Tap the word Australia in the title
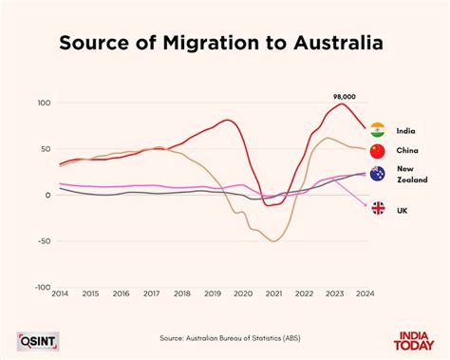click(337, 43)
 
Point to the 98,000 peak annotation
click(343, 96)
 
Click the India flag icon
click(377, 129)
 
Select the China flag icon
click(377, 151)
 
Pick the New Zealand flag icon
click(377, 174)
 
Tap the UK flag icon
click(377, 208)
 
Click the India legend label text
click(406, 129)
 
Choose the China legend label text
click(407, 151)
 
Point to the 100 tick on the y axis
click(43, 103)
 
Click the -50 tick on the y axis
click(42, 241)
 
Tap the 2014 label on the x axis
click(59, 294)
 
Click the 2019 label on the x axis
click(212, 294)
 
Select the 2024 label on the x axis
click(365, 294)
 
